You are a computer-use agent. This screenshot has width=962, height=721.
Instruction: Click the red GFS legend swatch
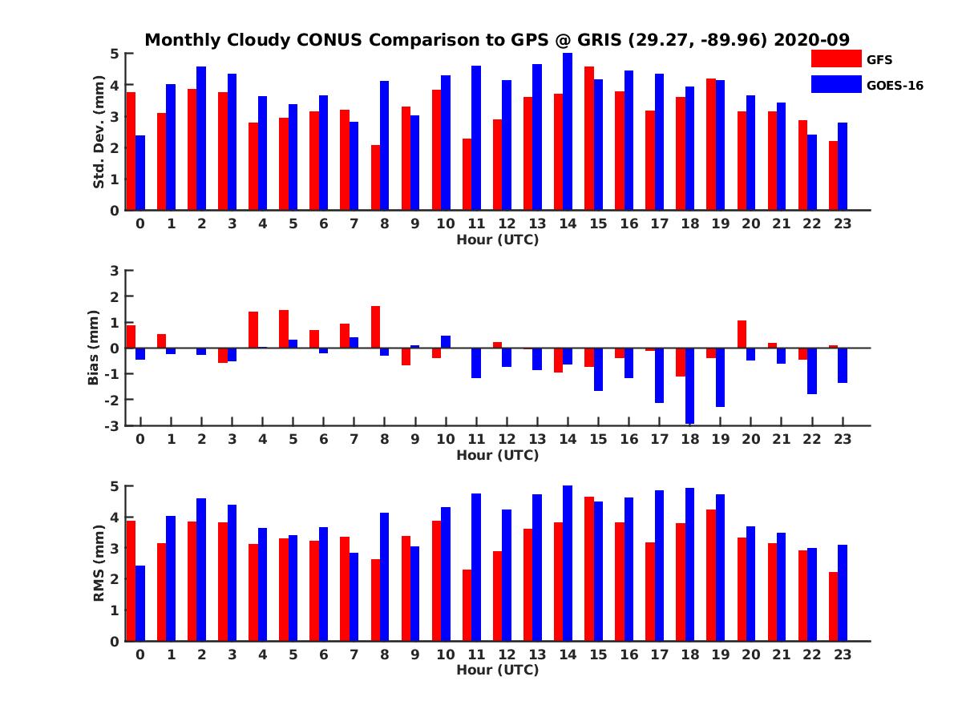click(x=835, y=58)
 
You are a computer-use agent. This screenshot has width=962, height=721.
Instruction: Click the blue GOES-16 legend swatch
click(x=835, y=84)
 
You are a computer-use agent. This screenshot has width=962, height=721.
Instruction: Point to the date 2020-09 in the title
click(x=811, y=40)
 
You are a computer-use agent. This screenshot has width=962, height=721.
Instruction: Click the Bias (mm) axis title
click(x=94, y=348)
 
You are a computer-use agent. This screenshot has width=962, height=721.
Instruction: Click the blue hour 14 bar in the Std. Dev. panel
click(x=568, y=132)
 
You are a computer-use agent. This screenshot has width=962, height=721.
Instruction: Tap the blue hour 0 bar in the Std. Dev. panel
click(x=140, y=173)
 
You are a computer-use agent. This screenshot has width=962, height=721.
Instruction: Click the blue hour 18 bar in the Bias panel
click(x=689, y=385)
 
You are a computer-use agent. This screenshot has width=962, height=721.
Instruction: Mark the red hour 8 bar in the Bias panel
click(x=375, y=327)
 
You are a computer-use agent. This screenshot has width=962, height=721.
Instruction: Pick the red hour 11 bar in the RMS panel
click(x=467, y=605)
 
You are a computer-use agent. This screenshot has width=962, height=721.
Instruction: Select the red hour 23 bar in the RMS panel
click(x=833, y=606)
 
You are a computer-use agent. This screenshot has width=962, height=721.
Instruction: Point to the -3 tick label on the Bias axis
click(x=113, y=425)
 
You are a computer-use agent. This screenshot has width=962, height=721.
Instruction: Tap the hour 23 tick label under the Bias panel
click(x=842, y=440)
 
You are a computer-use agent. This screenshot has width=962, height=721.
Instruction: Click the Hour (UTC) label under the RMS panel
click(x=497, y=670)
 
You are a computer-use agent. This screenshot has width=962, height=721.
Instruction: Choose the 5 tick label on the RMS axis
click(x=115, y=486)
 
